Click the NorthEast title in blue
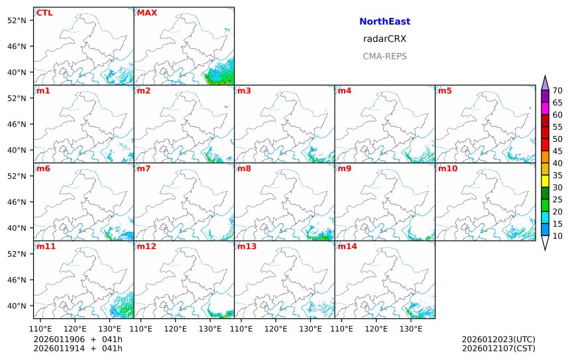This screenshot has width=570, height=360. (384, 22)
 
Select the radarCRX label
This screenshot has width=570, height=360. (384, 39)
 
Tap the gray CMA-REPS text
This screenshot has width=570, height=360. (384, 56)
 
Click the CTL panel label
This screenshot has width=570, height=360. (44, 13)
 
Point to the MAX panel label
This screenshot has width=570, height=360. (146, 13)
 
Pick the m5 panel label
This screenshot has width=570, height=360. (445, 91)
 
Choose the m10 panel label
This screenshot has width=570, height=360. (447, 168)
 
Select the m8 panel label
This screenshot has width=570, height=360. (243, 168)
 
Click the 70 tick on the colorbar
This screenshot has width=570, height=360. (557, 91)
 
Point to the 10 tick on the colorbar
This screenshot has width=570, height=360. (557, 236)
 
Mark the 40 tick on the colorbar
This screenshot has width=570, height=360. (557, 163)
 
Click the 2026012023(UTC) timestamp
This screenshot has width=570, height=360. (498, 339)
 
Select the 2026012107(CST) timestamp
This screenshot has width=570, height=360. (498, 348)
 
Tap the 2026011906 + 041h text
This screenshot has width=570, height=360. (78, 339)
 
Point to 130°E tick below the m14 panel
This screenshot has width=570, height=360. (411, 327)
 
